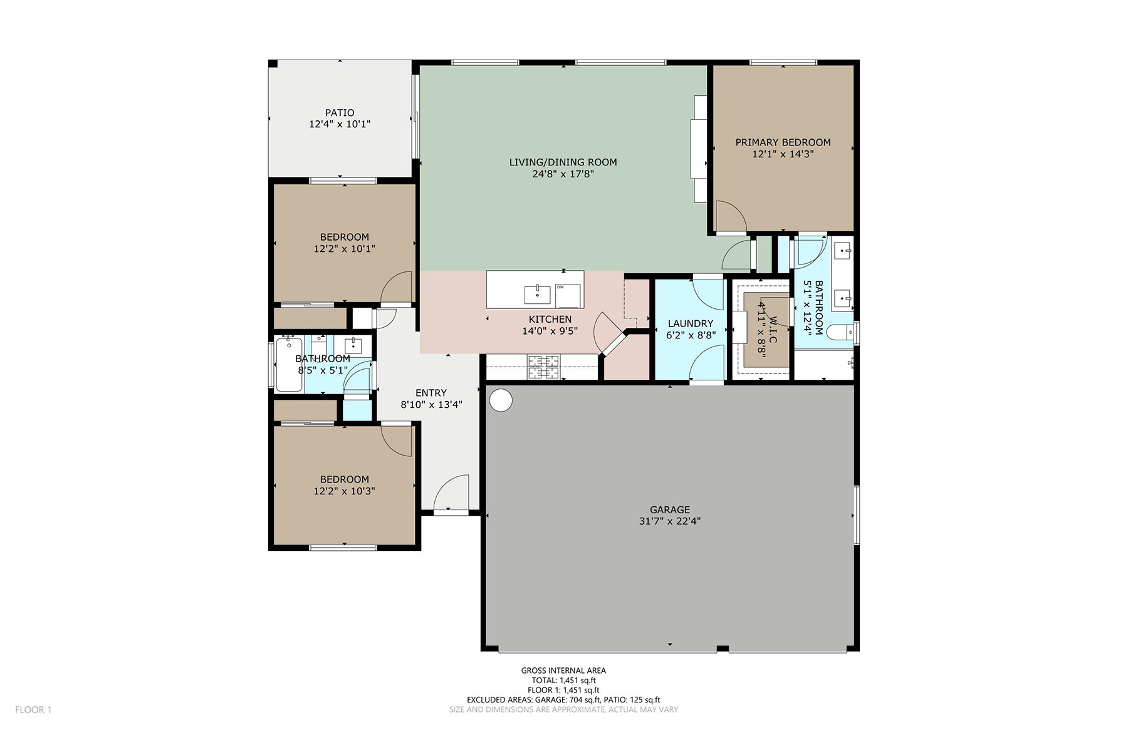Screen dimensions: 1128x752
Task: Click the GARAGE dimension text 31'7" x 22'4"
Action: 670,521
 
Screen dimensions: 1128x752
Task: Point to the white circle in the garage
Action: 501,400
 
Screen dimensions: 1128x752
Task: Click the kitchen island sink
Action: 538,293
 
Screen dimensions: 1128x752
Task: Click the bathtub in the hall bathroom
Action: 289,365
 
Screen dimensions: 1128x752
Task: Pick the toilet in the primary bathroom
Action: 840,332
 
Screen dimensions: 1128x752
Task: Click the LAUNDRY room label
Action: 691,324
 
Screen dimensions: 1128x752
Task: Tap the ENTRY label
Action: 431,393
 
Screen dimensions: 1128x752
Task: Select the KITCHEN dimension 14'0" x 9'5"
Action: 550,331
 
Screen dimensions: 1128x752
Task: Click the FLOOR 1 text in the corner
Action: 33,709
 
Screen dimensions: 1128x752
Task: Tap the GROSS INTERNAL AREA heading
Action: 563,671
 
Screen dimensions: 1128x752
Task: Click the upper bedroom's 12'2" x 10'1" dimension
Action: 345,249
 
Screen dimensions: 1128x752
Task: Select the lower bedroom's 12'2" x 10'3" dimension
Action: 345,491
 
